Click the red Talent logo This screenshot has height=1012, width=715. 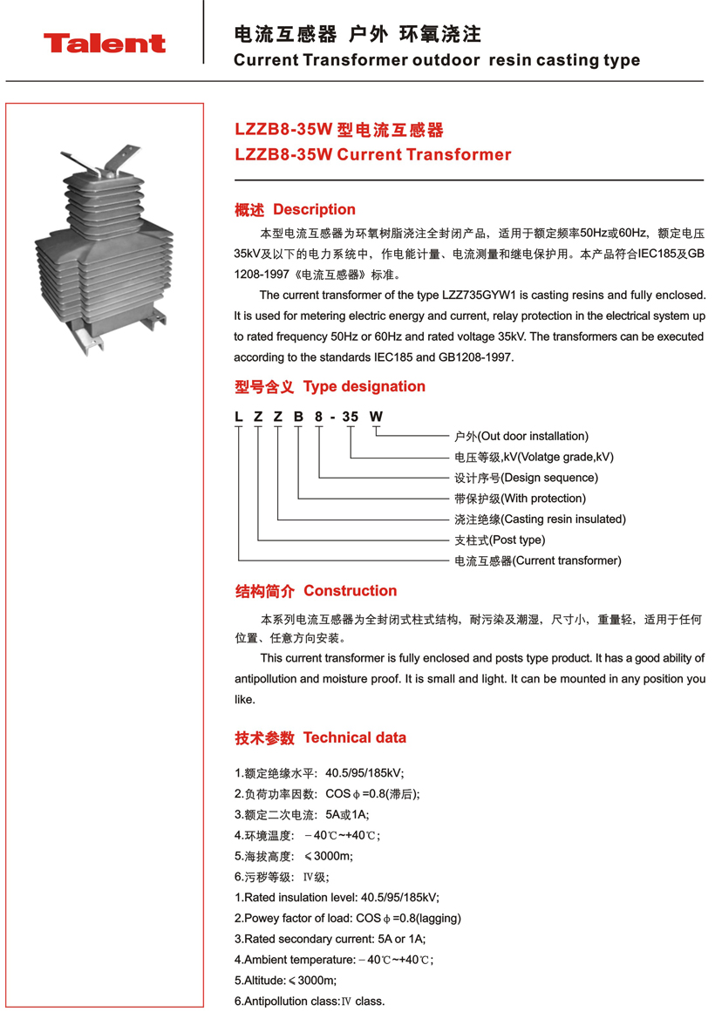pyautogui.click(x=105, y=43)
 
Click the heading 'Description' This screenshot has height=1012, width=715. pyautogui.click(x=314, y=209)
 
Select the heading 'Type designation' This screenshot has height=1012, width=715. pyautogui.click(x=364, y=386)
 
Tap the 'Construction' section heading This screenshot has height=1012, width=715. pyautogui.click(x=350, y=591)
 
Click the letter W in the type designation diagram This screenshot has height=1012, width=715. pyautogui.click(x=376, y=417)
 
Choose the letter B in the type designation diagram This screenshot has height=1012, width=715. pyautogui.click(x=298, y=417)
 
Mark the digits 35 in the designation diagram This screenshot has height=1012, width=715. pyautogui.click(x=350, y=417)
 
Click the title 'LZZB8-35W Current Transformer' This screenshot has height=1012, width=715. pyautogui.click(x=373, y=155)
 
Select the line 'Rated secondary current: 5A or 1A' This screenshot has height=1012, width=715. pyautogui.click(x=330, y=939)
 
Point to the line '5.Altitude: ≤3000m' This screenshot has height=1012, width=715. pyautogui.click(x=285, y=981)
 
